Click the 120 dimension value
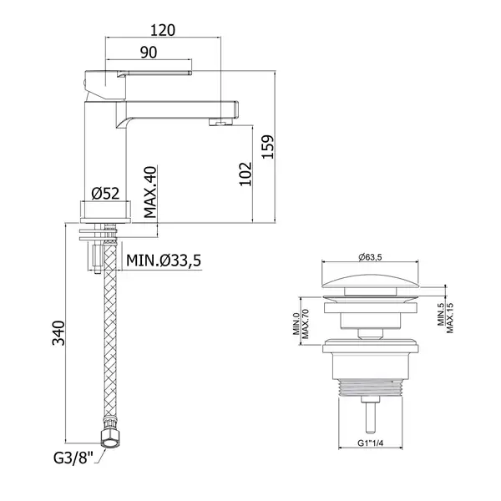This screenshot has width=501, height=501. coord(163,30)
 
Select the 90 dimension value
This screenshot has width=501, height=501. coord(149,53)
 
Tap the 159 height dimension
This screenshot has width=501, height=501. coord(268,147)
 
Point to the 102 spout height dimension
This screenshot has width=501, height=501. coord(245,174)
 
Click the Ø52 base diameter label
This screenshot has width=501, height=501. coord(105,194)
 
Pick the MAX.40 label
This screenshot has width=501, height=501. coord(150,192)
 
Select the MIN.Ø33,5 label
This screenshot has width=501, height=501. coord(164,261)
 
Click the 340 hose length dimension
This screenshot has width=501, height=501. coord(58,333)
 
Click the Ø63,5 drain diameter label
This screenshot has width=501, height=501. coord(370,257)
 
